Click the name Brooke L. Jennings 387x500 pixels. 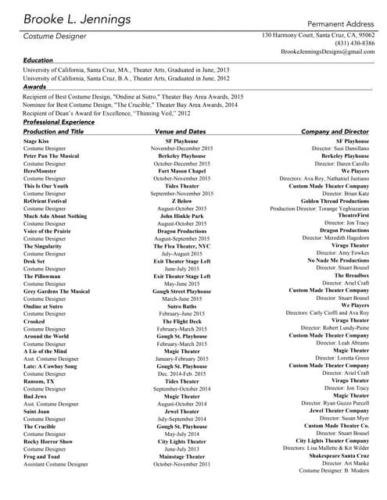coord(77,19)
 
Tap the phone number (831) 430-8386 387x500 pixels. coord(355,44)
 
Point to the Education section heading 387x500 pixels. coord(38,60)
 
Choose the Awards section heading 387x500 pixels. coord(34,87)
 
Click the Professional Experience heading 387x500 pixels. coord(59,123)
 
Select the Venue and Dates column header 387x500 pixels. coord(181,132)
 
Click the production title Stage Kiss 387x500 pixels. coord(37,141)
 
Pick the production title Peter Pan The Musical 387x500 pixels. coord(51,156)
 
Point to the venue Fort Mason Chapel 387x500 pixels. coord(181,171)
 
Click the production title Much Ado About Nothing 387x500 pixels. coord(55,216)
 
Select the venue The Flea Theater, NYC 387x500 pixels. coord(181,246)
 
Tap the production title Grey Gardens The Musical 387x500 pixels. coord(56,291)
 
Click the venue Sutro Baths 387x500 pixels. coord(181,306)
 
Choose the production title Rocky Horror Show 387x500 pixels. coord(48,441)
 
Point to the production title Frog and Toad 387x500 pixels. coord(42,456)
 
